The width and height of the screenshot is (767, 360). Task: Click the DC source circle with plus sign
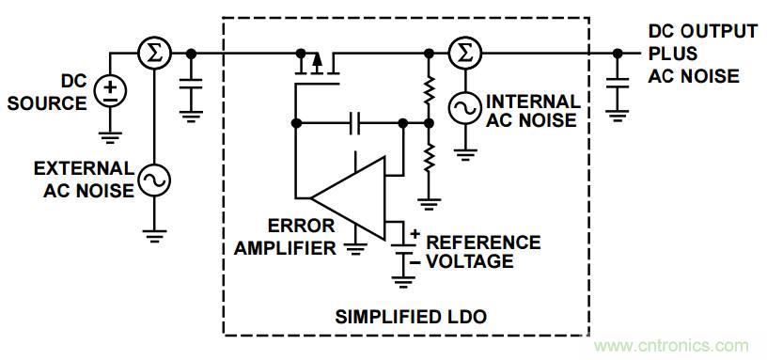click(110, 91)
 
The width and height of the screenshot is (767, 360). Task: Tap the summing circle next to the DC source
click(154, 53)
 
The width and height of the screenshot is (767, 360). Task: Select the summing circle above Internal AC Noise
click(464, 53)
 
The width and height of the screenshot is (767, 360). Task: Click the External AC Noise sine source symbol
click(154, 180)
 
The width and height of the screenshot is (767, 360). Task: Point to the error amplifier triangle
click(349, 198)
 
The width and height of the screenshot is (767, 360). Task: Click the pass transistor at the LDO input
click(317, 69)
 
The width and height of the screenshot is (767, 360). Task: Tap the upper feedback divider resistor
click(429, 88)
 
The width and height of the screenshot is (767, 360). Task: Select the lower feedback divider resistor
click(429, 157)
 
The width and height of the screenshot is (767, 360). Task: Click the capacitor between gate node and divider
click(355, 123)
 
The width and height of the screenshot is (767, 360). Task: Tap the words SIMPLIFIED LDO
click(411, 317)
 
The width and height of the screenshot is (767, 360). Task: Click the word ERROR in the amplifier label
click(301, 226)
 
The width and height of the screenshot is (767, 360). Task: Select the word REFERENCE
click(483, 243)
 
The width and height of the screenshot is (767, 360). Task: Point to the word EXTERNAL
click(84, 168)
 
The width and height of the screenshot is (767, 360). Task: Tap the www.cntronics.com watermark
click(672, 346)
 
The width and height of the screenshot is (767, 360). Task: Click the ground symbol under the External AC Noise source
click(154, 236)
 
